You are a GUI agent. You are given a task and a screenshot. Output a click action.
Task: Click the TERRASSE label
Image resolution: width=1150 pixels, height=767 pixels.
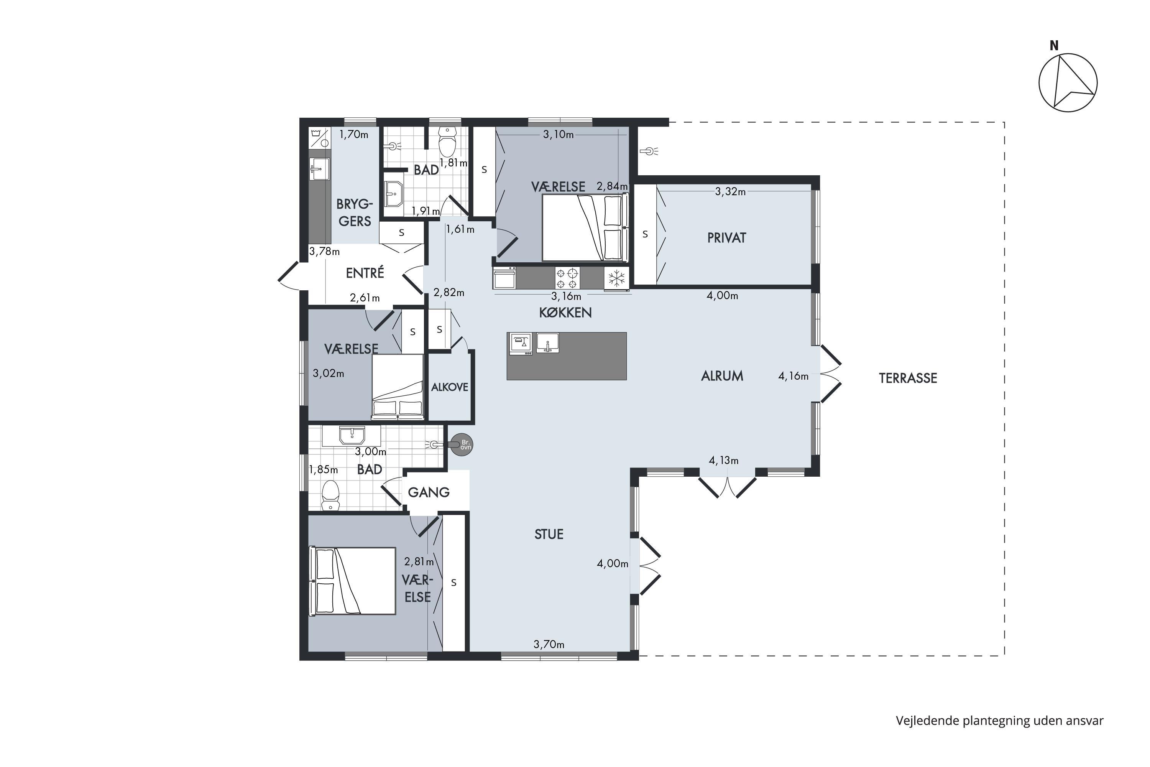coord(908,378)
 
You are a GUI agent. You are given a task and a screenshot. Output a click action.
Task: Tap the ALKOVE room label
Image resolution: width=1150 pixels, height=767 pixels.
coord(449,387)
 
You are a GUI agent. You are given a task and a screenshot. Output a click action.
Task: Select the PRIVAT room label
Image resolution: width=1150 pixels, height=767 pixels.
coord(726,238)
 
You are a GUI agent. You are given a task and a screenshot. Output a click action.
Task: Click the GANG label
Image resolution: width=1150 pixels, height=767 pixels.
coord(429,492)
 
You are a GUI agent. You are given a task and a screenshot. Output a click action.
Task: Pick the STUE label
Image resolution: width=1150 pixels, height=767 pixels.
coord(549,534)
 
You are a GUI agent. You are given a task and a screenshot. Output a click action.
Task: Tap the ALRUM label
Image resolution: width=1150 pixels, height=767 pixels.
coord(722,376)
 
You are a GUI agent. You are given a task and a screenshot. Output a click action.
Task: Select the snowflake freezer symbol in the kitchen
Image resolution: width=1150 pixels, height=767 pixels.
coord(616,279)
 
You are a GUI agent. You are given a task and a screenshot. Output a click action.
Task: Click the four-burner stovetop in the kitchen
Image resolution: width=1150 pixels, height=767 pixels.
coord(567,278)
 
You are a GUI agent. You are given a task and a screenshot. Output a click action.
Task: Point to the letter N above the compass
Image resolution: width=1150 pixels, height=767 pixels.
coord(1054,46)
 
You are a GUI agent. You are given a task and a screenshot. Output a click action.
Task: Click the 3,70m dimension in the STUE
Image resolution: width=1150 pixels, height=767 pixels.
coord(549,644)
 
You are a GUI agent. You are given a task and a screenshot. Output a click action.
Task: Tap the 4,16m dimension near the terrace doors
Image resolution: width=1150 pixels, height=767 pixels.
coord(793,376)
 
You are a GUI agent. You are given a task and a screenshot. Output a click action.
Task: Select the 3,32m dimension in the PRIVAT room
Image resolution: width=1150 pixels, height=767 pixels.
coord(731,192)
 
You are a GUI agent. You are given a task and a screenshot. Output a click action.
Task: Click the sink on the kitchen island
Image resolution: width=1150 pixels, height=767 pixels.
coord(548,342)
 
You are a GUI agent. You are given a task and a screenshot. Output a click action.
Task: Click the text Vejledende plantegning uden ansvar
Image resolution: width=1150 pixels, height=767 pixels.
coord(1000,721)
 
